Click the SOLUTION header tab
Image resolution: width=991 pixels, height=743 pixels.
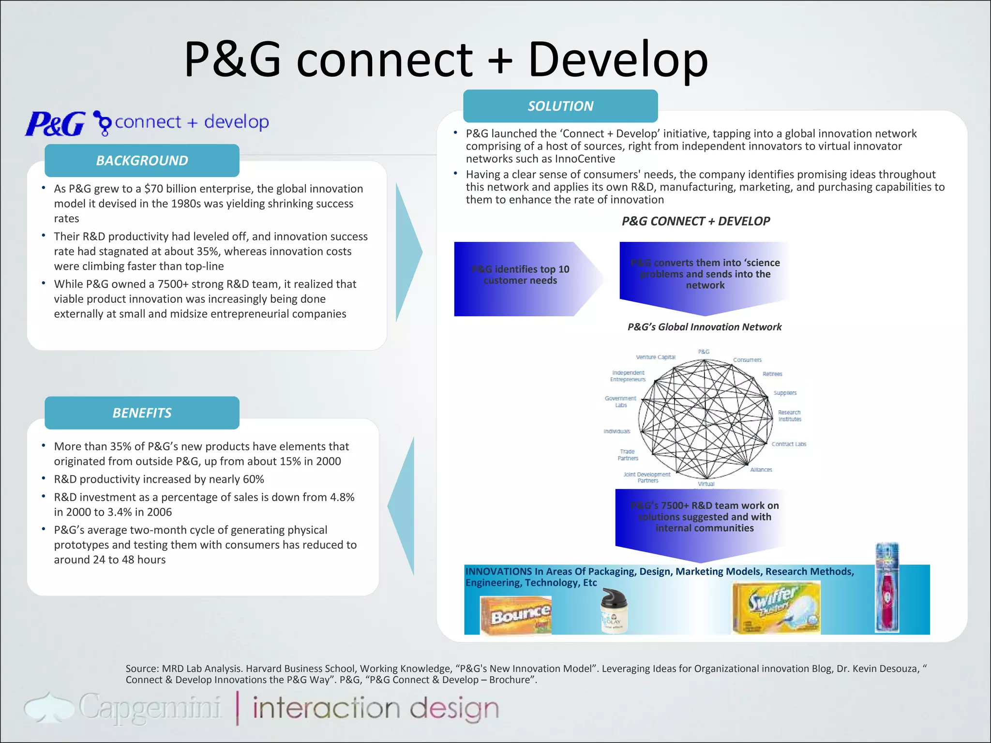(x=560, y=106)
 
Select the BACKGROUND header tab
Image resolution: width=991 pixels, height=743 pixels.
(x=142, y=161)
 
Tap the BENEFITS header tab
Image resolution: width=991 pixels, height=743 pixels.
(x=142, y=413)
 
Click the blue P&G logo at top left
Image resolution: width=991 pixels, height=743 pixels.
(x=55, y=124)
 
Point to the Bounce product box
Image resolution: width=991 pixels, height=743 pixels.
(x=516, y=615)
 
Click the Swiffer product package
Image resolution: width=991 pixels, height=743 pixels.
(x=776, y=608)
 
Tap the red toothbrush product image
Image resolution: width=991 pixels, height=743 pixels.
(x=887, y=587)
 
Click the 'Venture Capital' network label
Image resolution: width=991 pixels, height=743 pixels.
(x=656, y=357)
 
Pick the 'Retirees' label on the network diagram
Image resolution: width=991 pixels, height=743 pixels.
(x=772, y=374)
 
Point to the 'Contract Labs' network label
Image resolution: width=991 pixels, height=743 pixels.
(x=789, y=444)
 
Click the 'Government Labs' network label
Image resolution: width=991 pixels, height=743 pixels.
(x=621, y=402)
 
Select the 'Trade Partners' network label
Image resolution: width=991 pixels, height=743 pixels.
(x=628, y=455)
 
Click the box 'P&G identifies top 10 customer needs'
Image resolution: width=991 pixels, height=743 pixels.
(x=521, y=275)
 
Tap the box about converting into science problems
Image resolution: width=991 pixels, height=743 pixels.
(x=705, y=274)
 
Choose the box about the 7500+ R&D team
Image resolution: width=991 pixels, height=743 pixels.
(x=705, y=517)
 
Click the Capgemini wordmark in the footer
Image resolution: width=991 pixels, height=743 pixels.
(x=150, y=707)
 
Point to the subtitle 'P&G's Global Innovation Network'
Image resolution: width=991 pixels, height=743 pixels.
(x=705, y=327)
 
